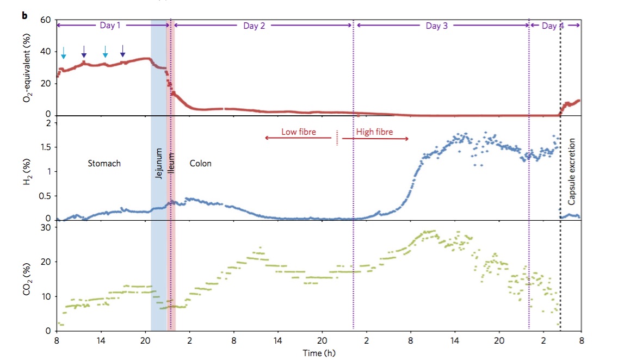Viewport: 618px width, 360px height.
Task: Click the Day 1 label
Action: [x=112, y=26]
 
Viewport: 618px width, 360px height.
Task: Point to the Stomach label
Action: [x=104, y=163]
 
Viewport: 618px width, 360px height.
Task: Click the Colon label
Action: [x=200, y=163]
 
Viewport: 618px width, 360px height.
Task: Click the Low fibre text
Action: [x=298, y=132]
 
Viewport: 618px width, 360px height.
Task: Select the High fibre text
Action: [x=374, y=132]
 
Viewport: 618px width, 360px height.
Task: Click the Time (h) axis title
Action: [x=319, y=353]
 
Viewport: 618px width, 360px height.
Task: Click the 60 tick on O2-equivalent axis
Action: [x=46, y=20]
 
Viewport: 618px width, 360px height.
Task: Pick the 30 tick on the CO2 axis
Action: [x=46, y=227]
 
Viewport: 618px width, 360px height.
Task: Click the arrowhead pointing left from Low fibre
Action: [x=267, y=139]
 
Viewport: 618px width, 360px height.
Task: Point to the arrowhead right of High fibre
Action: [x=407, y=139]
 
